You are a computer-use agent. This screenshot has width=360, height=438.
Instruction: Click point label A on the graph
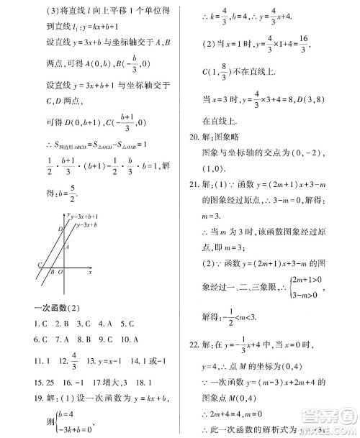(66, 246)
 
